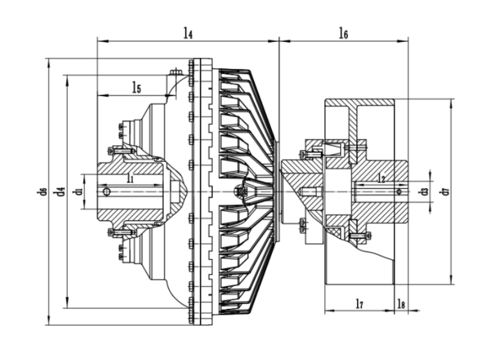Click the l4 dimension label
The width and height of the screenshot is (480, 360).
click(x=188, y=34)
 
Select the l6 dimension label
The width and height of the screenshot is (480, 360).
click(x=343, y=34)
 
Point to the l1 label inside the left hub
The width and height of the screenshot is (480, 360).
click(x=130, y=178)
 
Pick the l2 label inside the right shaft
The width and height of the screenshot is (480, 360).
click(x=381, y=178)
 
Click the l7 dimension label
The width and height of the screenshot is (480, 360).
click(x=359, y=304)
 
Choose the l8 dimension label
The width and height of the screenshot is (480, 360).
click(x=401, y=304)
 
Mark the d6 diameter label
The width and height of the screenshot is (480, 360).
click(x=41, y=191)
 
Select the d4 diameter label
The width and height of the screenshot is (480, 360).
click(x=59, y=191)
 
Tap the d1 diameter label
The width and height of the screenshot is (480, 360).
click(x=77, y=191)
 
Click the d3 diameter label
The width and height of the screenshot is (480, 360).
click(x=424, y=191)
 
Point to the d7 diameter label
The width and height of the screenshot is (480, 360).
click(x=443, y=191)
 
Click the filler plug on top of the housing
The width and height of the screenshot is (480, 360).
click(x=175, y=73)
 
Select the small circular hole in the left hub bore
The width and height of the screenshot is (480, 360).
click(x=106, y=191)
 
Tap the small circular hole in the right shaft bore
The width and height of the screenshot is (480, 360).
click(x=398, y=191)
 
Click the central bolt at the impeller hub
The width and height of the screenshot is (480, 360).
click(x=242, y=191)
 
